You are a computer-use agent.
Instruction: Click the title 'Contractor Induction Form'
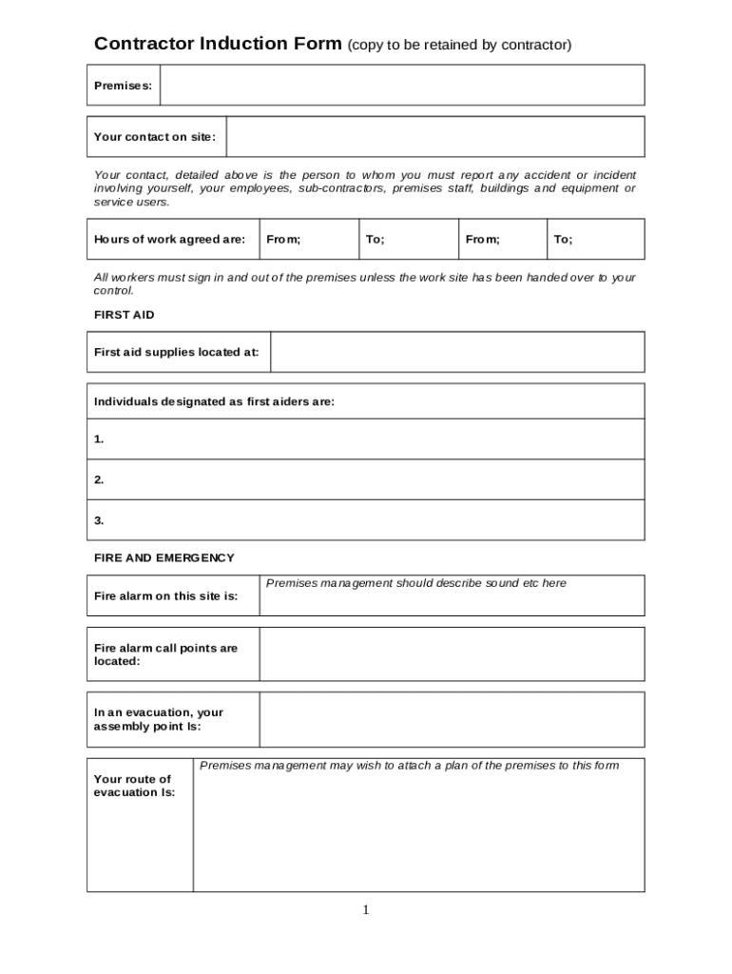(218, 44)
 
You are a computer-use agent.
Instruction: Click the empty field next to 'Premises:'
(402, 86)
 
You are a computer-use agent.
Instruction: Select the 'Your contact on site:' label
(155, 137)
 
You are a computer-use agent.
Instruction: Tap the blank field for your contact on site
(435, 137)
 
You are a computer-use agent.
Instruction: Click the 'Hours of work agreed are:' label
(169, 240)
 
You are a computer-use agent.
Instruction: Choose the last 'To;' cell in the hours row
(595, 240)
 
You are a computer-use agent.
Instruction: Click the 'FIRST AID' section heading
(124, 315)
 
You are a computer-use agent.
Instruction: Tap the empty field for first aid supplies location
(457, 352)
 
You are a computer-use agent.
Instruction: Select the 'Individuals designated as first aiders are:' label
(214, 402)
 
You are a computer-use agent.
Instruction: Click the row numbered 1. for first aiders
(365, 439)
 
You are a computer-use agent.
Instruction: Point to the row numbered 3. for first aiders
(365, 520)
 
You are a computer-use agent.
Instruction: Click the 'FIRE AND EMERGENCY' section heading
(164, 558)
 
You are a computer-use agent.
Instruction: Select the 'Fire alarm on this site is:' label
(165, 596)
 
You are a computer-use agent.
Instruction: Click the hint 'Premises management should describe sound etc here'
(415, 583)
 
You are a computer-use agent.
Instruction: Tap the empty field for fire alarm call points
(452, 654)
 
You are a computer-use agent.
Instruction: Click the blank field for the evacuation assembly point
(452, 720)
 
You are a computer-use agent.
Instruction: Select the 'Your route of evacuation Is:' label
(134, 786)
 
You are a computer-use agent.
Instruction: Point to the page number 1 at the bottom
(365, 911)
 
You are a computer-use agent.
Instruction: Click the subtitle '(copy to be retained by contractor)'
(459, 45)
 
